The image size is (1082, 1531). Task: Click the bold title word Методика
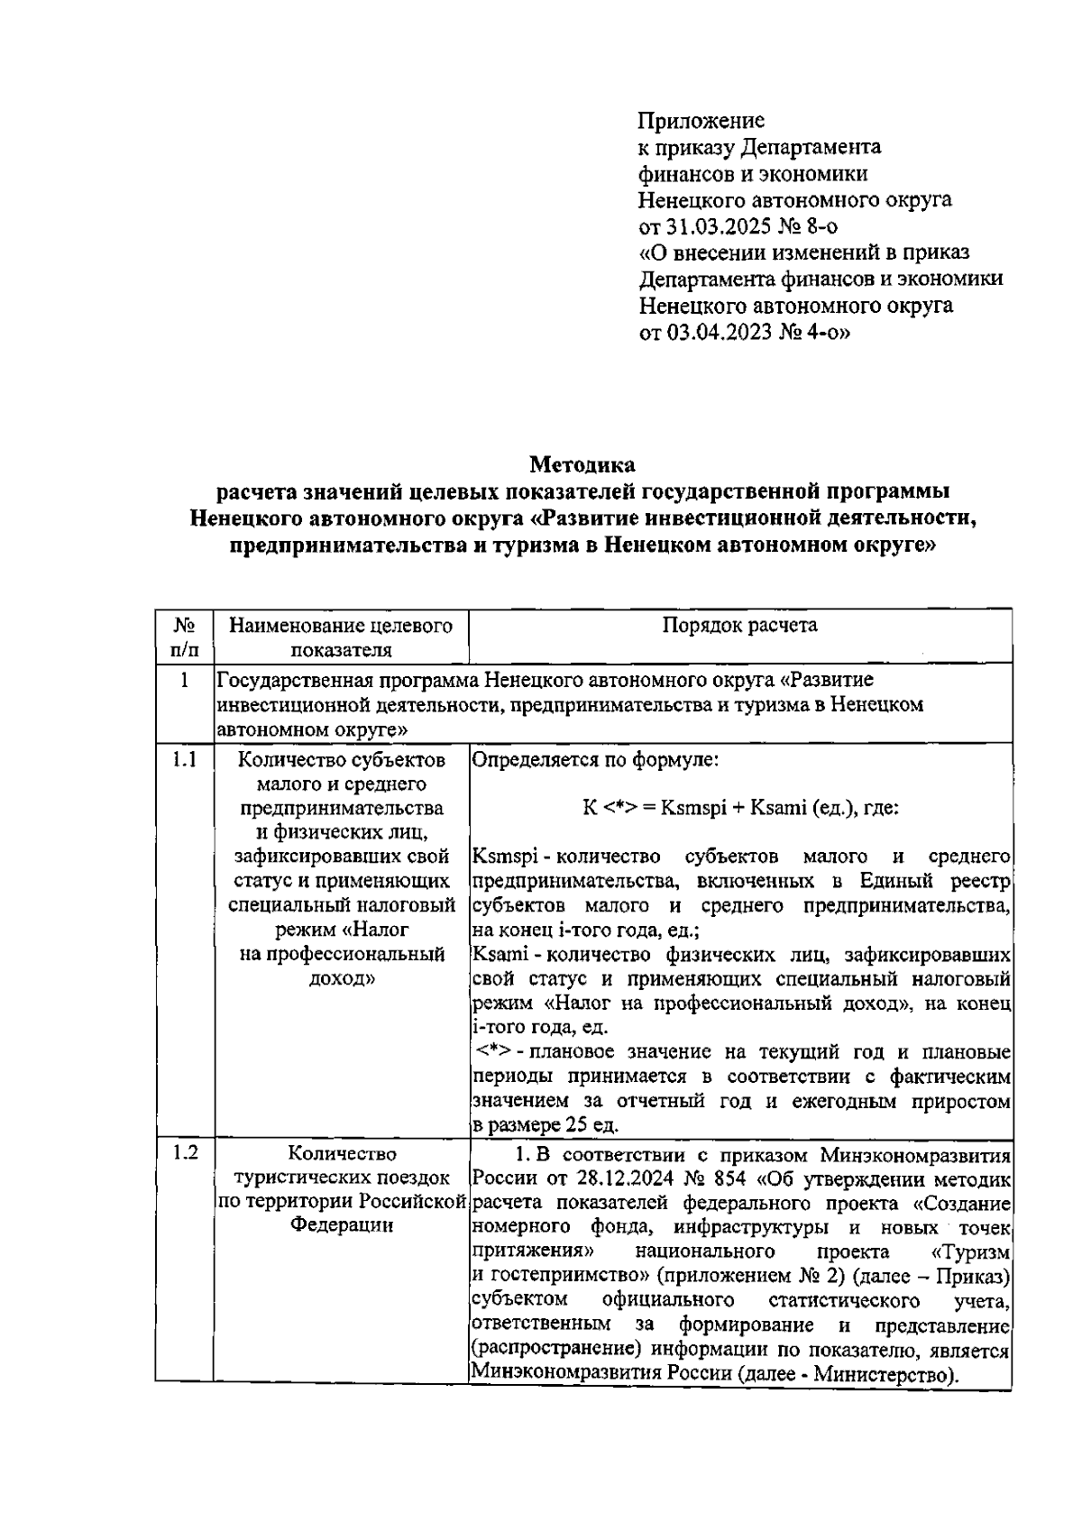pos(582,465)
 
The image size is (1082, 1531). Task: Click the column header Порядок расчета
pos(739,626)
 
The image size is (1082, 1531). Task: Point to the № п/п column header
pos(184,637)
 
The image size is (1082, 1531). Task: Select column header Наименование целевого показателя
pos(341,637)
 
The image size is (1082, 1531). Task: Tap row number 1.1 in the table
pos(184,759)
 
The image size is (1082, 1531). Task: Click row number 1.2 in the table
pos(184,1152)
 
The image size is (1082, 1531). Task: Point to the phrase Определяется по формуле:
pos(595,759)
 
